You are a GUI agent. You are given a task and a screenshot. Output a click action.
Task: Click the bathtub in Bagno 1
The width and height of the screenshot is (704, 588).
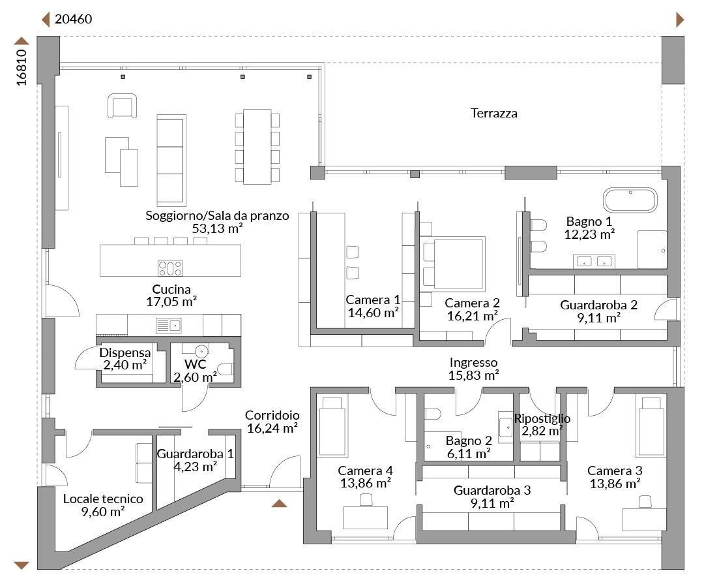click(x=630, y=200)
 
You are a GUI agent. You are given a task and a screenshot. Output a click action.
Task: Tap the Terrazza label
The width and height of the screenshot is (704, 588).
click(x=494, y=113)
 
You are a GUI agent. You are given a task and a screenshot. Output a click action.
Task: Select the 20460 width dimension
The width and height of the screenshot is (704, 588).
click(x=73, y=19)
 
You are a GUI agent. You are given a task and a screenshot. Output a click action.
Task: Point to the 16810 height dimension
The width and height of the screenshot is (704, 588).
click(x=21, y=67)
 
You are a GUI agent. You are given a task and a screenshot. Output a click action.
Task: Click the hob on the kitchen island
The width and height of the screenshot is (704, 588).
click(x=169, y=268)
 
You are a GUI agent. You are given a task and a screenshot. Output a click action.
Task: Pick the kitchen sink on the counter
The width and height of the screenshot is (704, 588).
click(x=168, y=326)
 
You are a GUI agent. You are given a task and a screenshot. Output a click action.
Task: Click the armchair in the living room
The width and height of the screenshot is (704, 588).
click(x=122, y=106)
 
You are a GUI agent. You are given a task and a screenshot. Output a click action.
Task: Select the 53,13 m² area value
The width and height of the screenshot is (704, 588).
click(x=217, y=228)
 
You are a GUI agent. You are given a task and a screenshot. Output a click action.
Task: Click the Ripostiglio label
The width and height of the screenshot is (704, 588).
click(x=542, y=418)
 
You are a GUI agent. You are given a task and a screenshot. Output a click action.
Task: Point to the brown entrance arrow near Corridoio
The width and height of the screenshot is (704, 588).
click(x=279, y=503)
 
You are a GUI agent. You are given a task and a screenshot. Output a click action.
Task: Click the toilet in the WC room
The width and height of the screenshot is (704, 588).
click(x=225, y=369)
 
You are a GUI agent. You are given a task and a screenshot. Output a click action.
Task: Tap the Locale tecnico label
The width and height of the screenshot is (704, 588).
click(x=103, y=499)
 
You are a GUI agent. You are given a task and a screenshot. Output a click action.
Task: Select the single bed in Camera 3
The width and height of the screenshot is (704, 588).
click(x=651, y=426)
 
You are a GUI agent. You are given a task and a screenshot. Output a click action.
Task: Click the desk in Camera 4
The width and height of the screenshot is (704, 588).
click(x=365, y=518)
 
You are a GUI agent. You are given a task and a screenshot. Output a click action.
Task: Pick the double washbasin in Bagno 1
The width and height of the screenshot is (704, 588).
click(x=594, y=261)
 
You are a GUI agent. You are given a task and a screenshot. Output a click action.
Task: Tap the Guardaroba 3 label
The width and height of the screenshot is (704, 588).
click(x=492, y=490)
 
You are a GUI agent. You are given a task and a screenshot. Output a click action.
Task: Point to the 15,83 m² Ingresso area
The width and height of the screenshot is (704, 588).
click(x=474, y=375)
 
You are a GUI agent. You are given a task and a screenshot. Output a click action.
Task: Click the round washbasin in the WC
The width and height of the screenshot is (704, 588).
click(x=201, y=350)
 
